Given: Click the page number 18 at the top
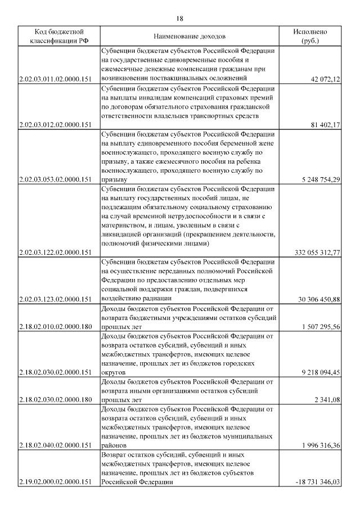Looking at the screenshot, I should [180, 19].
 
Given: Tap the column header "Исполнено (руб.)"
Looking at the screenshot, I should [309, 37].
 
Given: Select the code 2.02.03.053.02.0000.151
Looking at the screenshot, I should [55, 179].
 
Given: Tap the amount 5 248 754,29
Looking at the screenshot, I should [318, 179].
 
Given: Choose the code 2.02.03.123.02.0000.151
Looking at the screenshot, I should [55, 299].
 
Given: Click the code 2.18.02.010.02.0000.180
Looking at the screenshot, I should [55, 326].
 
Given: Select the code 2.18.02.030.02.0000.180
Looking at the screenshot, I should [55, 399].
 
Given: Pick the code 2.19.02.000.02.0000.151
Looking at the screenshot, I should [55, 481].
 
